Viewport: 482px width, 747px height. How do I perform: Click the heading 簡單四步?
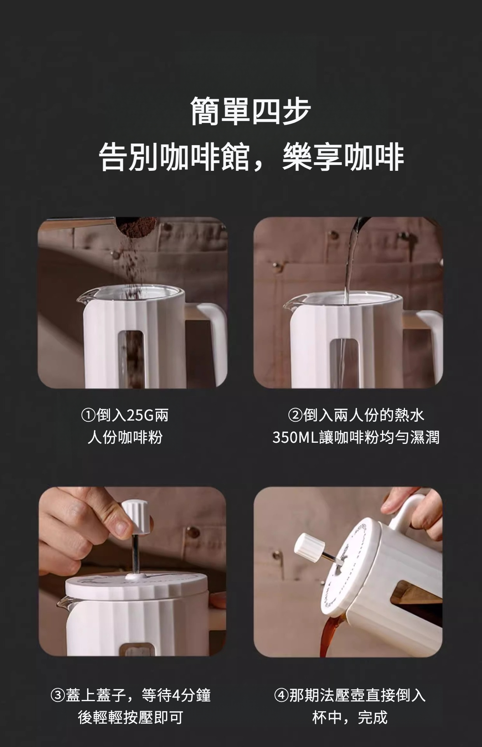[251, 112]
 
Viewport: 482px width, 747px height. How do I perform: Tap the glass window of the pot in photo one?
[131, 359]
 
